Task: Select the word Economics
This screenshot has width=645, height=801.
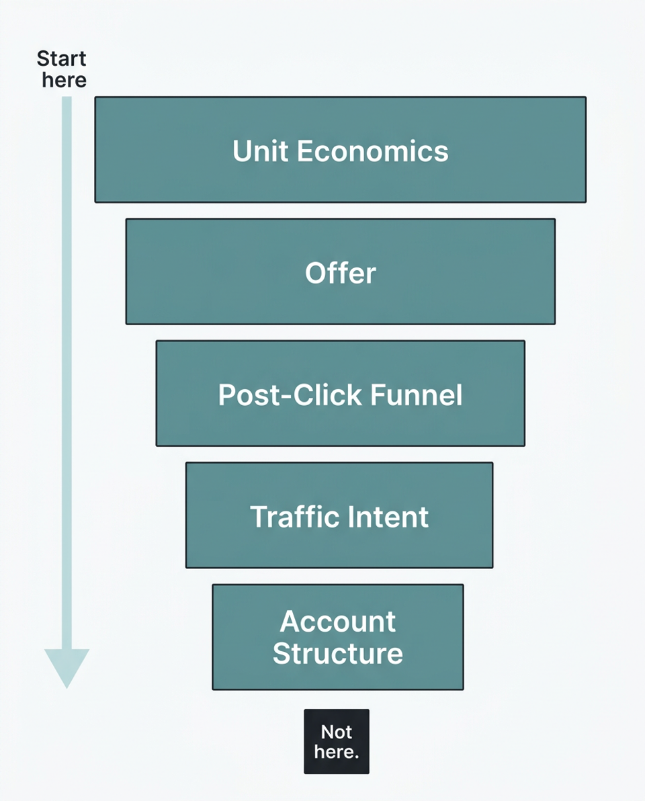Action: click(x=372, y=151)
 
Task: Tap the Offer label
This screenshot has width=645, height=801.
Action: click(x=341, y=273)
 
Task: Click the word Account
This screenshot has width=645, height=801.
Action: click(x=338, y=622)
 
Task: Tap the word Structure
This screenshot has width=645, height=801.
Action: click(x=338, y=653)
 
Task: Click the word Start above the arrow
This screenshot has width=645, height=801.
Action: click(x=62, y=59)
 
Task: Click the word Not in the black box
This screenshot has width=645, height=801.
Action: click(x=337, y=731)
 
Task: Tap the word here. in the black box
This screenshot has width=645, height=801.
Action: click(x=337, y=751)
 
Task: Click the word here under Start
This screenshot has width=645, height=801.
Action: click(x=64, y=80)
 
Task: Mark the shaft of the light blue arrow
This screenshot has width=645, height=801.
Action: click(x=67, y=370)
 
